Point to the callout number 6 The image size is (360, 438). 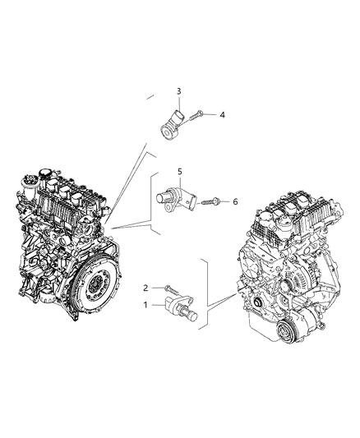pos(234,201)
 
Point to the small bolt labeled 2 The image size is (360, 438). pos(170,288)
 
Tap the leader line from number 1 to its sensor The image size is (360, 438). pos(159,305)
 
